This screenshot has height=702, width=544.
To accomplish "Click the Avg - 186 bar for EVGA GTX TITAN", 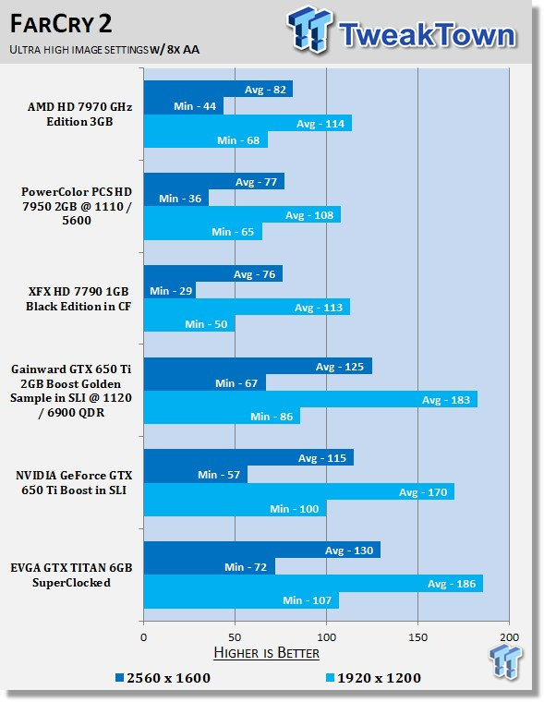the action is (x=313, y=584).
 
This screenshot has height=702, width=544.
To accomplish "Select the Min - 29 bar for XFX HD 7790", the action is (x=170, y=291).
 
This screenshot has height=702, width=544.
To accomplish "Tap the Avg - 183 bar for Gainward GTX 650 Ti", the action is (x=310, y=399).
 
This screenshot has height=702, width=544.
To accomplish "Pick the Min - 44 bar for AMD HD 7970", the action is (x=184, y=106).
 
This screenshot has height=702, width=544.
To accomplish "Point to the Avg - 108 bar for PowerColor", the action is (x=242, y=215).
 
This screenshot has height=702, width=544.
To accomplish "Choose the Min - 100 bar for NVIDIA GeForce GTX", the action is (x=236, y=509).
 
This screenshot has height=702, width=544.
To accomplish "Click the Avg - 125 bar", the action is (x=258, y=366).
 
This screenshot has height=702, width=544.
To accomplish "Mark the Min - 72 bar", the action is (x=210, y=567).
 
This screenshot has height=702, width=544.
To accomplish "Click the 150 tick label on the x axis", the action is (x=417, y=637).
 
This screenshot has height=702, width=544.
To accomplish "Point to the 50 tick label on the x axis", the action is (x=236, y=637).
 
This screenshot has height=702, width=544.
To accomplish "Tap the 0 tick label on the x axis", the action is (x=144, y=637).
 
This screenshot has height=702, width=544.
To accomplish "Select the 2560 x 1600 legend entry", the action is (x=163, y=678).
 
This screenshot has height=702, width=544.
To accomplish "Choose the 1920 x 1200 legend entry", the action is (x=373, y=678).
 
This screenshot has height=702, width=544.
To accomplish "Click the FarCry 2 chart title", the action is (x=61, y=24).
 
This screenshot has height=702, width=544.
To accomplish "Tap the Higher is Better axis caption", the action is (x=266, y=653).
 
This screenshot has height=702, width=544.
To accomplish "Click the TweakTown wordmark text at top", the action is (x=427, y=34).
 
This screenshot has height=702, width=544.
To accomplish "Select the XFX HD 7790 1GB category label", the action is (x=79, y=298).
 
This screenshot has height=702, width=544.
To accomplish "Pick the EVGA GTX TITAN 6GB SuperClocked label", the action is (x=71, y=575).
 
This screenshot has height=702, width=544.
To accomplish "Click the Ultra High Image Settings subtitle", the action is (x=104, y=49).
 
